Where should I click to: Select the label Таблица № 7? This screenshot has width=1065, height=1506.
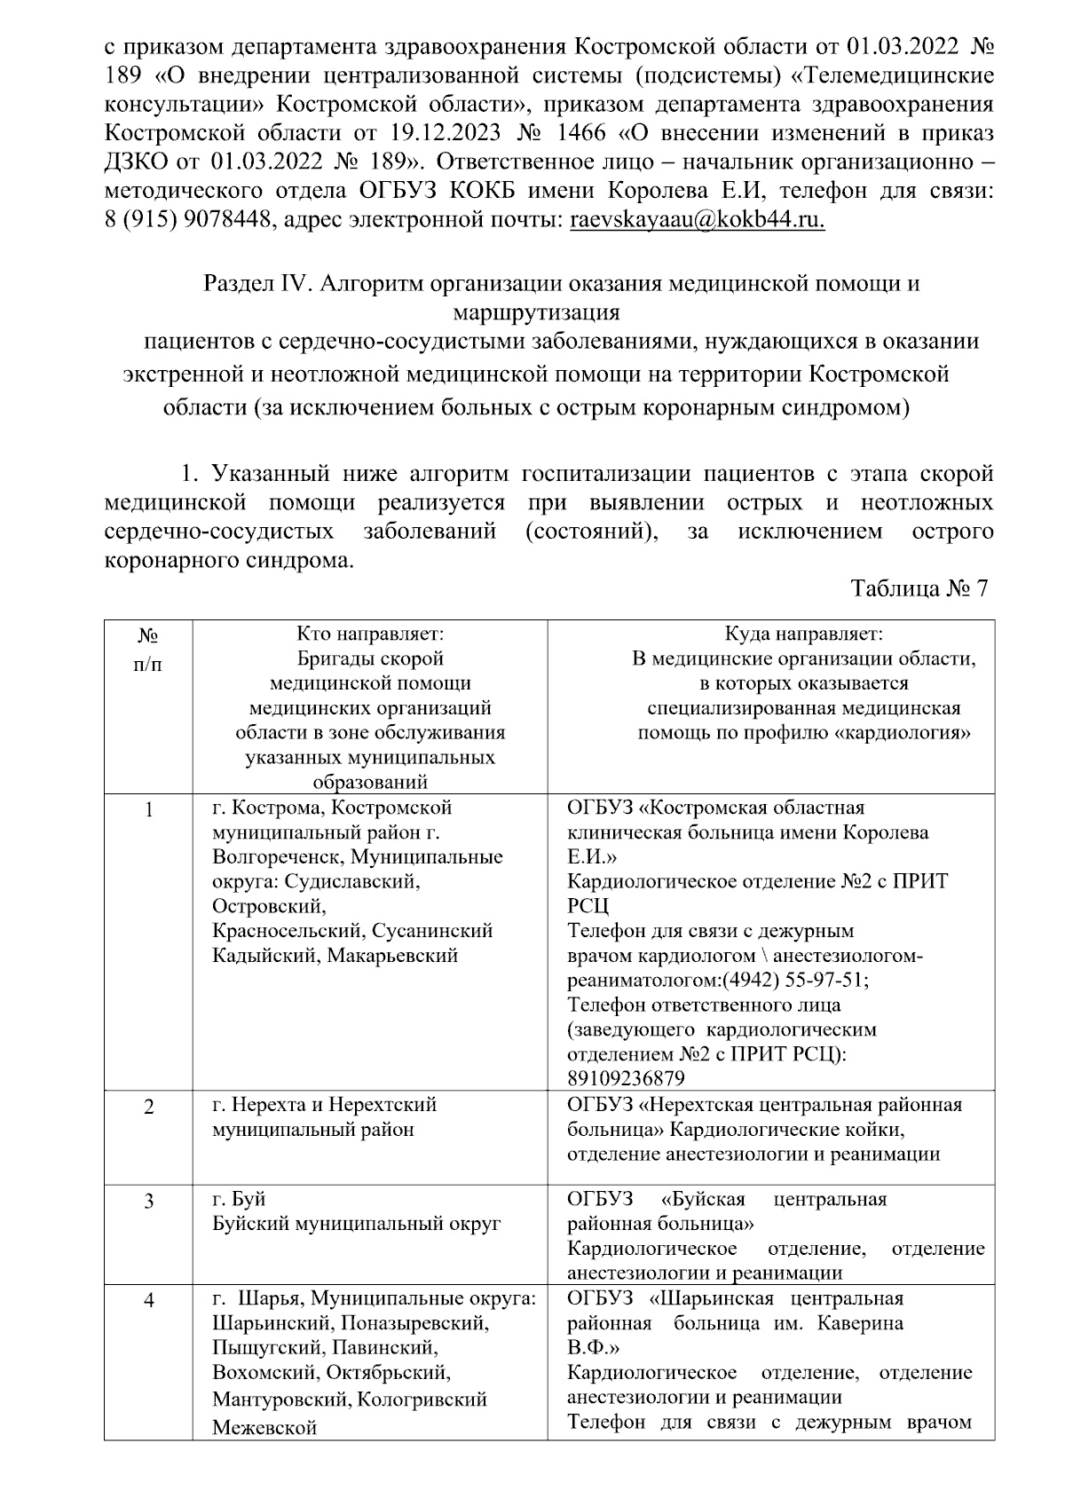919,589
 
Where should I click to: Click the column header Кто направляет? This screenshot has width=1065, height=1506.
369,634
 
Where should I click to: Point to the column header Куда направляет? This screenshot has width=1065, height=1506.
803,634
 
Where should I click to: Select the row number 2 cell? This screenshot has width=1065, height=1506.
149,1107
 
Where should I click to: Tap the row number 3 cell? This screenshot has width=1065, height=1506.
149,1201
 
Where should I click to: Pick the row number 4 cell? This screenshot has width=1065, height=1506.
149,1300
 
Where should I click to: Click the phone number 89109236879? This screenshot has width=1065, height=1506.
626,1078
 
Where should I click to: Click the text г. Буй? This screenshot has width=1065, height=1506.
239,1200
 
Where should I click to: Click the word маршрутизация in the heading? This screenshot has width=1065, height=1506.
536,312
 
